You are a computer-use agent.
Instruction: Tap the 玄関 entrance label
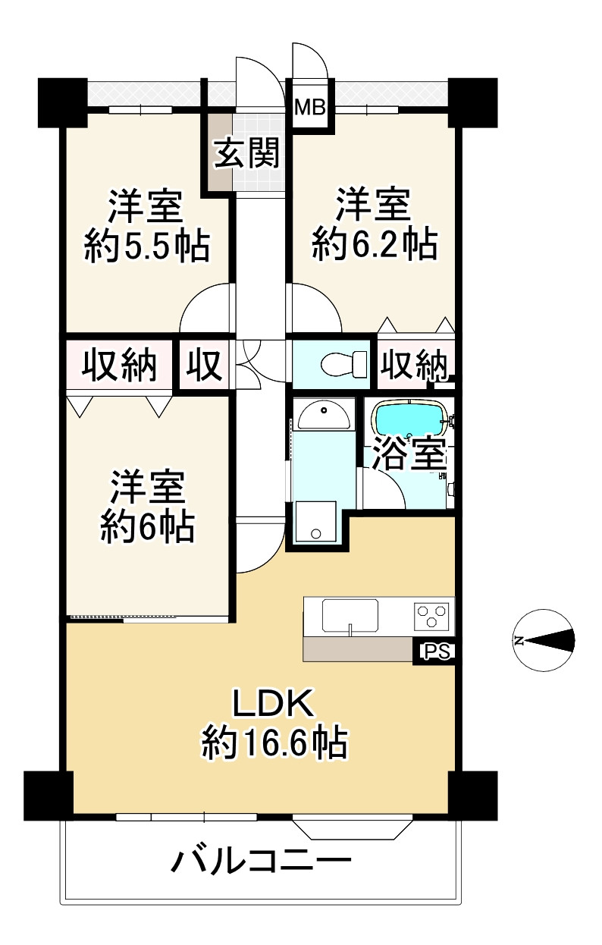tap(246, 153)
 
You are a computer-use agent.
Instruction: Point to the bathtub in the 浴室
tap(409, 419)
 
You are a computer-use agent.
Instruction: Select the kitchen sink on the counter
tap(350, 615)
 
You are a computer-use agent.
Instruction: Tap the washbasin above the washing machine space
tap(323, 415)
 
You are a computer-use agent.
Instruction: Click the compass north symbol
tap(543, 641)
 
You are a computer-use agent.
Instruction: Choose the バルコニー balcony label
tap(262, 862)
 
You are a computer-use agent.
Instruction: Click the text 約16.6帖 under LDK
tap(274, 743)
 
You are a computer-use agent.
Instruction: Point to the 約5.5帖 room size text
tap(146, 246)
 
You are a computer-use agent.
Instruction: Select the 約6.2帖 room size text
tap(374, 245)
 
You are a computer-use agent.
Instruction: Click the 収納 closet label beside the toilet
tap(413, 366)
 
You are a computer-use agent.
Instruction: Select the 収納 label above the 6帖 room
tap(119, 366)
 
